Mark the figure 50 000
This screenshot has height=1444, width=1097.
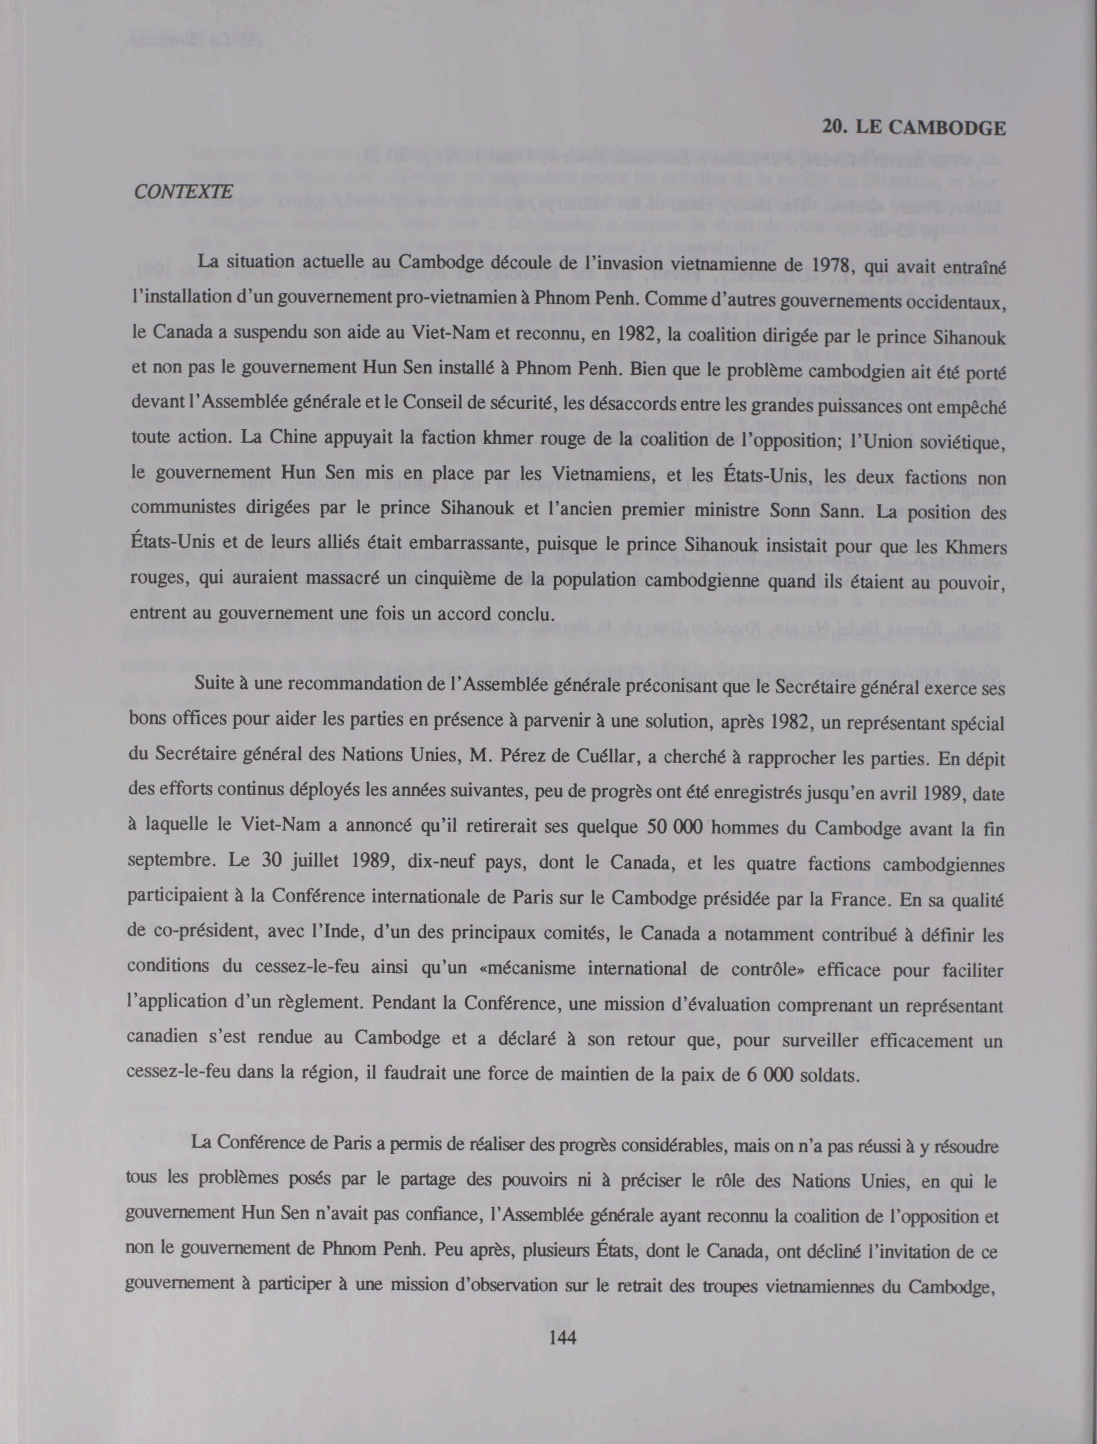(x=672, y=826)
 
